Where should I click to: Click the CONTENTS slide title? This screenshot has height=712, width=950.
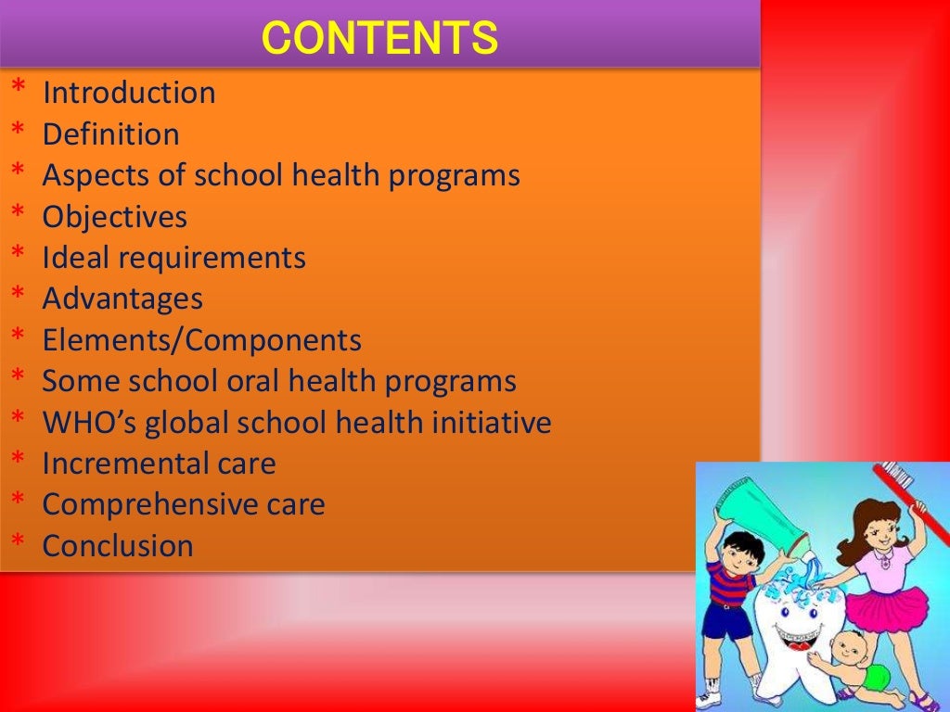pos(379,39)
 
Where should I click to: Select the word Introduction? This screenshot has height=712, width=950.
pos(129,93)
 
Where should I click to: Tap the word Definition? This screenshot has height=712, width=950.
pos(110,134)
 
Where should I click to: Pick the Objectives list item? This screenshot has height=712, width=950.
pos(114,217)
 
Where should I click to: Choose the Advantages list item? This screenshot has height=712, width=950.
pos(122,299)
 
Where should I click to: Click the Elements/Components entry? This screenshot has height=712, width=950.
pos(201,340)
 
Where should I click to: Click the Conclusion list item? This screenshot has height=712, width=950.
pos(118,546)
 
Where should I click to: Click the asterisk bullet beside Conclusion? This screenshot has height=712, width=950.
pos(19,543)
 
